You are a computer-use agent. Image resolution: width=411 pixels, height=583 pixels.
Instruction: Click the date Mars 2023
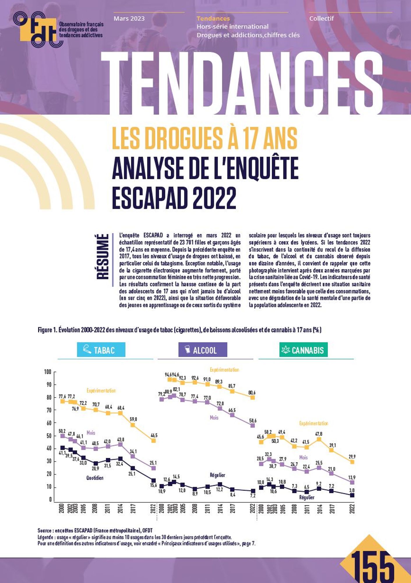pyautogui.click(x=129, y=19)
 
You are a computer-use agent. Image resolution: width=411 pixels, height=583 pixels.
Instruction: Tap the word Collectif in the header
pyautogui.click(x=321, y=19)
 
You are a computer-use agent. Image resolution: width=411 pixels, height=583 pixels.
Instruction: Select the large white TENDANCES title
pyautogui.click(x=242, y=83)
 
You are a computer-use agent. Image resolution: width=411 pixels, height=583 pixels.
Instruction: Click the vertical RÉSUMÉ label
pyautogui.click(x=103, y=257)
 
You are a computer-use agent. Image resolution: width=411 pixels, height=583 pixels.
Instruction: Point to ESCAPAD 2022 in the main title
pyautogui.click(x=174, y=197)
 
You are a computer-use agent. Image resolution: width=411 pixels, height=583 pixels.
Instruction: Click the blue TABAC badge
pyautogui.click(x=101, y=350)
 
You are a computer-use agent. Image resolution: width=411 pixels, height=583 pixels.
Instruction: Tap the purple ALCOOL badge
pyautogui.click(x=203, y=350)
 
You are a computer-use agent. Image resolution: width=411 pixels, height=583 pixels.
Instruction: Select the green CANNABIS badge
pyautogui.click(x=303, y=350)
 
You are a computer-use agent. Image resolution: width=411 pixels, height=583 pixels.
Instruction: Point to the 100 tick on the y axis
pyautogui.click(x=48, y=372)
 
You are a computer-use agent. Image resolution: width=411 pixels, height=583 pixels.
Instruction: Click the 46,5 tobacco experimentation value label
pyautogui.click(x=154, y=435)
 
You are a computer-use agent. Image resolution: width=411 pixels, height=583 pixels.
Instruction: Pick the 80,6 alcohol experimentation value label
pyautogui.click(x=252, y=393)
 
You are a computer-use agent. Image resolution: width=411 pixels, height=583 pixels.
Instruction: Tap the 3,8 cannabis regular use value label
pyautogui.click(x=352, y=490)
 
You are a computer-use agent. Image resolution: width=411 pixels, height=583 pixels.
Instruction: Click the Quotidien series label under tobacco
pyautogui.click(x=95, y=478)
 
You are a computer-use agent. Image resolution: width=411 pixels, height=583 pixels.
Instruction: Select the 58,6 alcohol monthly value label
pyautogui.click(x=253, y=421)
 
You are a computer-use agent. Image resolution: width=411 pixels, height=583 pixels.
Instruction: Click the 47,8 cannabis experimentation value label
pyautogui.click(x=319, y=434)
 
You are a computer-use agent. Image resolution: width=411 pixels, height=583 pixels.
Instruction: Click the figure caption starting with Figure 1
pyautogui.click(x=179, y=330)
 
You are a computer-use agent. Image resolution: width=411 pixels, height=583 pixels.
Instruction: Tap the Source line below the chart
pyautogui.click(x=95, y=530)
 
